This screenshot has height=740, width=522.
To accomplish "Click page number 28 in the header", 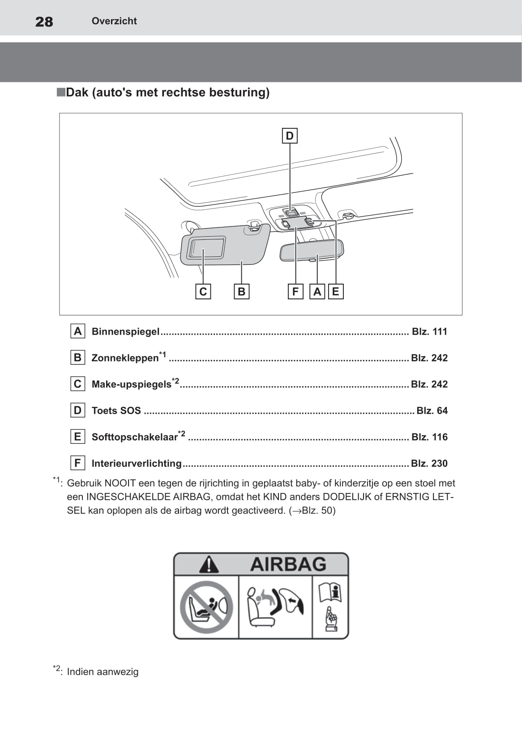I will click(44, 21).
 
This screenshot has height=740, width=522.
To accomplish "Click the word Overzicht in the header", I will click(114, 21).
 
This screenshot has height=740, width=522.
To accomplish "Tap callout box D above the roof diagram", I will click(290, 136).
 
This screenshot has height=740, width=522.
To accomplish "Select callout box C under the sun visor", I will click(203, 292).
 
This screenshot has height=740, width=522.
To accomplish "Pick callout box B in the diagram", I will click(241, 292).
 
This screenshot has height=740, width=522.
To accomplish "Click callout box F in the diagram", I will click(295, 292).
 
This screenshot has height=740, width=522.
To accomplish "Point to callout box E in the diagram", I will click(335, 292).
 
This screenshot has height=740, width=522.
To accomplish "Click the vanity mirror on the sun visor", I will click(206, 247).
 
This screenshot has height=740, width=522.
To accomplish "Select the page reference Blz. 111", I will click(429, 332).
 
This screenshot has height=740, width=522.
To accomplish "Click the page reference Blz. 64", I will click(432, 411).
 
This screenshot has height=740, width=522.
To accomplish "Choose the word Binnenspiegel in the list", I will click(125, 332).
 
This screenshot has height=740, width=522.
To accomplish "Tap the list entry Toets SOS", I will click(116, 411).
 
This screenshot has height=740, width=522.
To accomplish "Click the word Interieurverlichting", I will click(137, 464).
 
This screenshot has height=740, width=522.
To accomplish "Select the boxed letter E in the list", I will click(77, 437).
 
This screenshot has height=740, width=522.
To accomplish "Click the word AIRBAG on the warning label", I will click(288, 564).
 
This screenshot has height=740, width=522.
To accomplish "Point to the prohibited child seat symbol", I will click(206, 607).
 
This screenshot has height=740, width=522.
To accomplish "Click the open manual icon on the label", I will click(330, 592).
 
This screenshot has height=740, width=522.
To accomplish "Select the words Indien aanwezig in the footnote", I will click(103, 672).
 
